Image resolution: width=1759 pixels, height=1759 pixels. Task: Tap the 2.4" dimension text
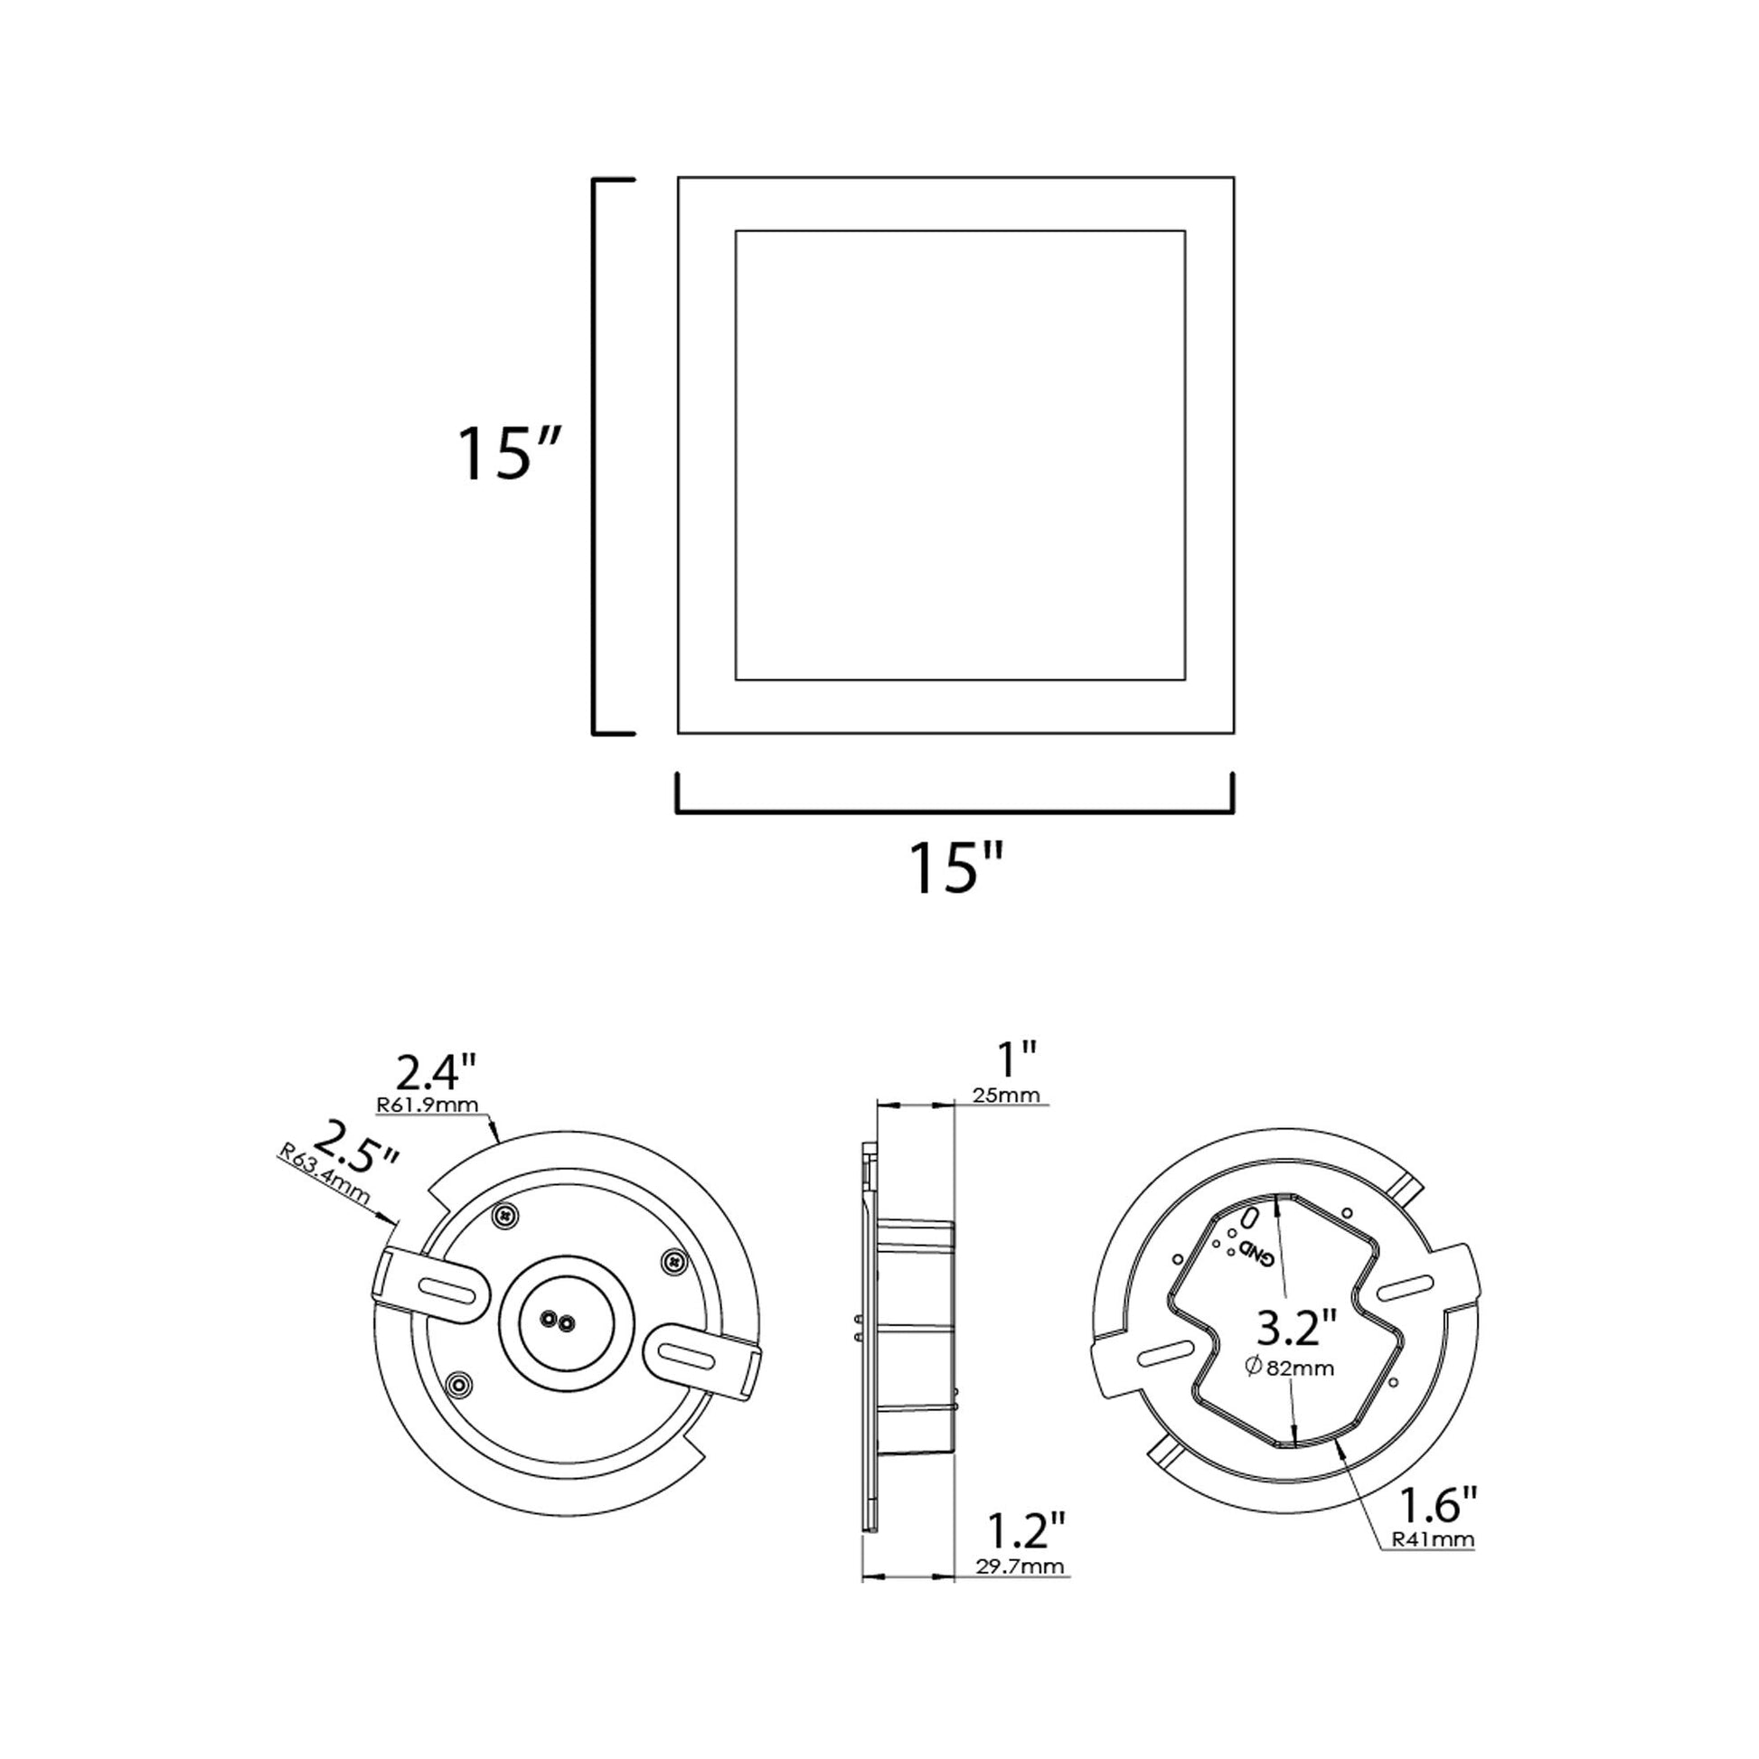click(437, 1074)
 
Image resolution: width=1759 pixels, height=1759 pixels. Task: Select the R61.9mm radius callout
click(427, 1105)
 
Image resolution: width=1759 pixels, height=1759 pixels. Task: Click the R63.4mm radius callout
click(325, 1181)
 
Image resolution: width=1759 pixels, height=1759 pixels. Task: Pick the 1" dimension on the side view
click(1017, 1058)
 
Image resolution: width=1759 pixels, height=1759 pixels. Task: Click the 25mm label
click(1005, 1096)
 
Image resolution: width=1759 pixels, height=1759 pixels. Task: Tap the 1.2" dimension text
click(1026, 1530)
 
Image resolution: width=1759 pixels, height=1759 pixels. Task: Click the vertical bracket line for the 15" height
click(596, 456)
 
